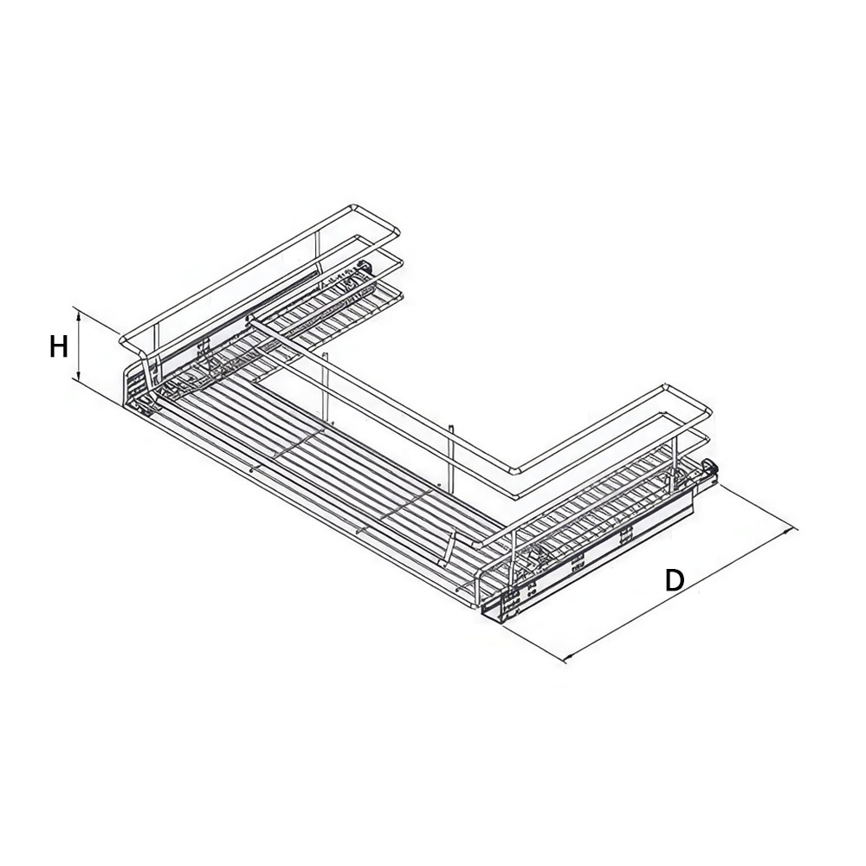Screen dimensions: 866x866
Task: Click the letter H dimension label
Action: (x=59, y=347)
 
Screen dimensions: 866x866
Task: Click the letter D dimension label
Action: (x=674, y=580)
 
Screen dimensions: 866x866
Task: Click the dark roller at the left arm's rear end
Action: (x=365, y=267)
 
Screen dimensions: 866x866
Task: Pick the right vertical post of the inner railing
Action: (x=452, y=456)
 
